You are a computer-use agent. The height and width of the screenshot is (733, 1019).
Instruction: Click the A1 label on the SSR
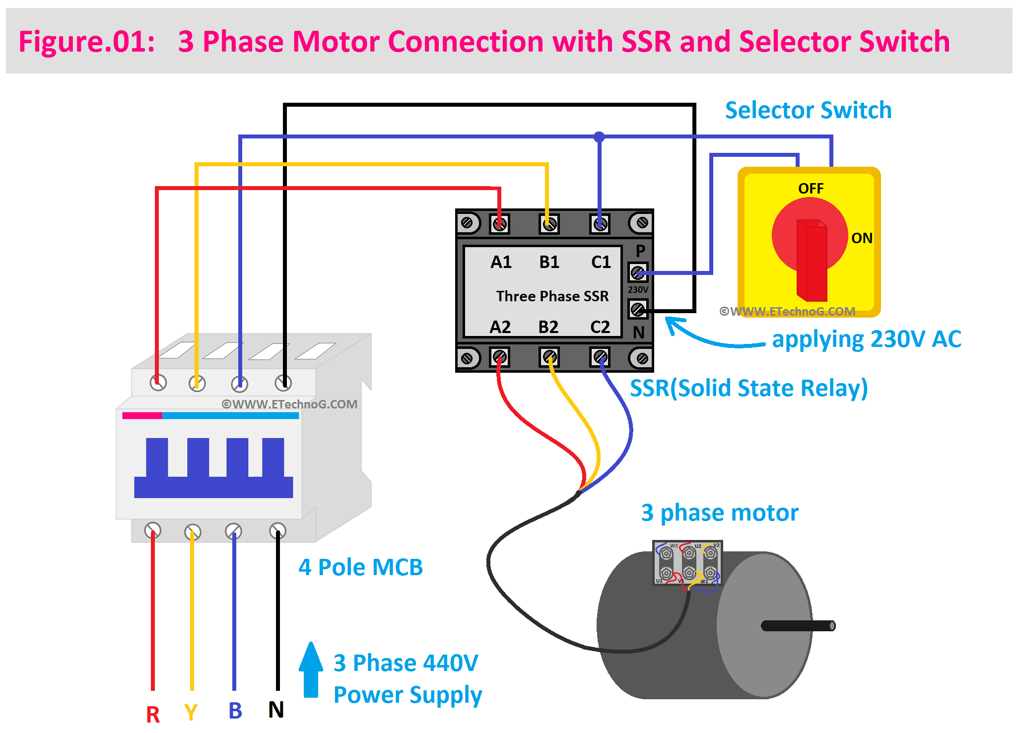pyautogui.click(x=501, y=262)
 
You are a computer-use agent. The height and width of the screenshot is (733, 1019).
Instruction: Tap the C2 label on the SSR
pyautogui.click(x=600, y=327)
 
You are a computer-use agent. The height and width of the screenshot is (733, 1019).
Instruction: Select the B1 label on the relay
pyautogui.click(x=549, y=262)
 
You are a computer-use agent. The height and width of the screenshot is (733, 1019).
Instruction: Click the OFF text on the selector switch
pyautogui.click(x=811, y=189)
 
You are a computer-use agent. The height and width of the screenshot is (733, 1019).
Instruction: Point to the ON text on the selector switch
pyautogui.click(x=862, y=238)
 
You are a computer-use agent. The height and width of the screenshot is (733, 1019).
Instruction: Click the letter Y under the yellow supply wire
pyautogui.click(x=191, y=713)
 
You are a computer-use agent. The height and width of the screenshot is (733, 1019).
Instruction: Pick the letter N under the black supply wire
pyautogui.click(x=276, y=710)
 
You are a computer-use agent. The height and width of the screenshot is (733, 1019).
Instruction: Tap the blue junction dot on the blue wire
pyautogui.click(x=599, y=136)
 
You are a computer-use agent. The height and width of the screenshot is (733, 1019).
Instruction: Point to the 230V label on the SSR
pyautogui.click(x=638, y=289)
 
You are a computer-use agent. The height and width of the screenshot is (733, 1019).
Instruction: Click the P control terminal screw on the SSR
pyautogui.click(x=638, y=272)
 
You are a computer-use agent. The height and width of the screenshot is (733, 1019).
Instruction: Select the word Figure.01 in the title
pyautogui.click(x=87, y=41)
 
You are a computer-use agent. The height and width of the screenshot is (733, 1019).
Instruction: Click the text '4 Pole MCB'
pyautogui.click(x=360, y=567)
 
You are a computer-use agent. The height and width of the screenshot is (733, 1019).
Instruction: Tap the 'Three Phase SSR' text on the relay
pyautogui.click(x=552, y=296)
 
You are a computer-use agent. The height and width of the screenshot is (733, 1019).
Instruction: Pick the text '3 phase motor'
pyautogui.click(x=720, y=513)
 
